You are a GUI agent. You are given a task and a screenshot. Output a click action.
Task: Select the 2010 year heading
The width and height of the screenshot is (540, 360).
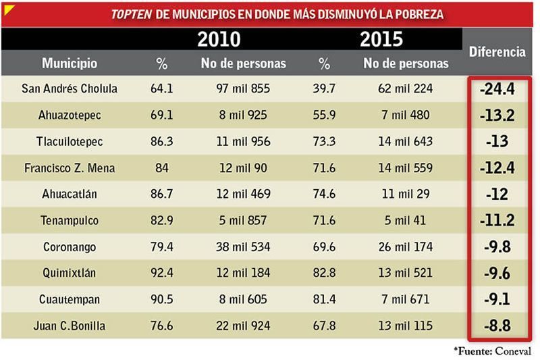pos(219,39)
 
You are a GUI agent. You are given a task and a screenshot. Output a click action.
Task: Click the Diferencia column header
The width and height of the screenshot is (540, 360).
pos(497,51)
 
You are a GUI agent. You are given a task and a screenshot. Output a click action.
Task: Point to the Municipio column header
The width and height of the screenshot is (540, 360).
pos(70,63)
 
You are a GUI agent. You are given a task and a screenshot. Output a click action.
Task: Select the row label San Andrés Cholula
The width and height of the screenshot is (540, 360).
pos(70,88)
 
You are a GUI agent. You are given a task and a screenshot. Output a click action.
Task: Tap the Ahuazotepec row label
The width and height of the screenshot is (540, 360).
pos(70,115)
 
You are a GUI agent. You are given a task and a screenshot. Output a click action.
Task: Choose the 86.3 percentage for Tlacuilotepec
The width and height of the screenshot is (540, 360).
pos(161,141)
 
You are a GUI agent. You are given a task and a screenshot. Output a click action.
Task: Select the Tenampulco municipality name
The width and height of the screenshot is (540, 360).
pos(70,220)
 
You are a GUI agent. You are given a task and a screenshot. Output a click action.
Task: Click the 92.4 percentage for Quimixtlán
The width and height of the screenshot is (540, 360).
pos(161,273)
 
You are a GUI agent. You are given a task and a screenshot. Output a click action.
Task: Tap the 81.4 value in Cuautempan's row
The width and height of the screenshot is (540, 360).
pos(325,299)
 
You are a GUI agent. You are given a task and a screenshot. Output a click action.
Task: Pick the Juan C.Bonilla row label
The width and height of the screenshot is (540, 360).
pos(70,326)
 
